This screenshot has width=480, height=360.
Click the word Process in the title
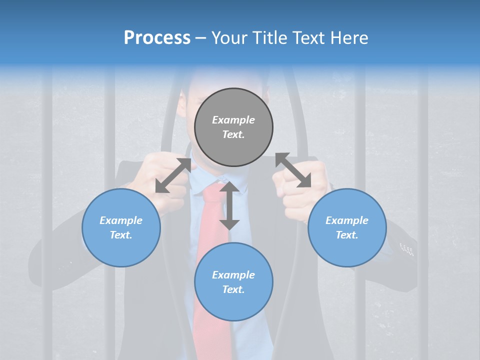[x=157, y=37]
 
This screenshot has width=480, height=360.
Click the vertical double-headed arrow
[x=229, y=205]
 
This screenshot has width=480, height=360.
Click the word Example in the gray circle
[x=233, y=120]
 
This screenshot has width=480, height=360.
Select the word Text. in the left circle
[x=121, y=235]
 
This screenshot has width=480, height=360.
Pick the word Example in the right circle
[x=347, y=220]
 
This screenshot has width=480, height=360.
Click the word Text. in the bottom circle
[x=233, y=289]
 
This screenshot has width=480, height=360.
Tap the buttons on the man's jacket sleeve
[x=407, y=248]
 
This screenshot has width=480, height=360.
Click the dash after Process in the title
[x=201, y=38]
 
